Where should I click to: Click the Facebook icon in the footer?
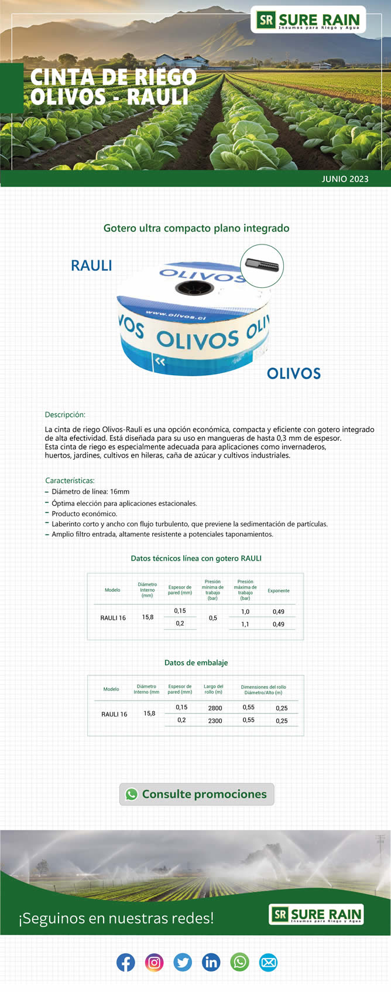point(126,962)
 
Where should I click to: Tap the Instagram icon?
point(154,962)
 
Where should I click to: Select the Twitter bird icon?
point(183,962)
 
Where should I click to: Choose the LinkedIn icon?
point(211,962)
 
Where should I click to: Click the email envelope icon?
point(268,962)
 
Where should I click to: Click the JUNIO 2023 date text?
point(345,179)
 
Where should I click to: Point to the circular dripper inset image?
point(262,266)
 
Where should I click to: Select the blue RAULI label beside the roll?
point(91,266)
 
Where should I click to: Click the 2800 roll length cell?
point(215,708)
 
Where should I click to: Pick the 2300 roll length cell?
point(215,721)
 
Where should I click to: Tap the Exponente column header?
point(279,590)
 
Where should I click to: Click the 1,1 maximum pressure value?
point(245,624)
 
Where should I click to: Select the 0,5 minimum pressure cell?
point(213,618)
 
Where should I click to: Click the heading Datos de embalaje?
point(196,663)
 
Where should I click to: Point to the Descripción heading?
point(65,415)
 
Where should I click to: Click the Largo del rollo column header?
point(213,689)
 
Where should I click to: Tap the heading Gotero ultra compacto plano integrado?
point(196,228)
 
